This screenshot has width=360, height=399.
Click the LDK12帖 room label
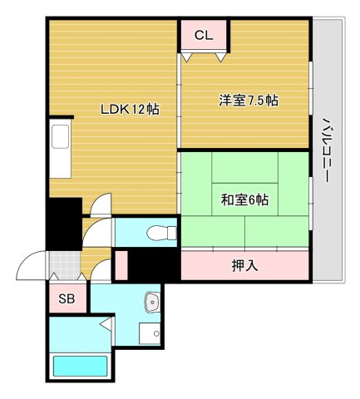click(x=130, y=109)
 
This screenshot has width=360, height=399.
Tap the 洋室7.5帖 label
click(x=248, y=101)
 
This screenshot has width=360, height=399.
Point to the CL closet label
click(x=205, y=35)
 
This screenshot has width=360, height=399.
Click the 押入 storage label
click(x=244, y=266)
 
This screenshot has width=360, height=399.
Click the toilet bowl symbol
click(x=155, y=232)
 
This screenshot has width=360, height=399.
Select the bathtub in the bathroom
click(x=81, y=367)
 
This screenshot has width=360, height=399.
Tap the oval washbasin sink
click(x=151, y=301)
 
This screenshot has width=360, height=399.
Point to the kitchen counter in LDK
click(x=62, y=150)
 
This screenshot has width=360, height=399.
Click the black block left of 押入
click(x=155, y=266)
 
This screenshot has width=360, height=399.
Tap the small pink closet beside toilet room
click(x=121, y=264)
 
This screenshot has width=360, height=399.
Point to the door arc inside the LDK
click(x=101, y=202)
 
